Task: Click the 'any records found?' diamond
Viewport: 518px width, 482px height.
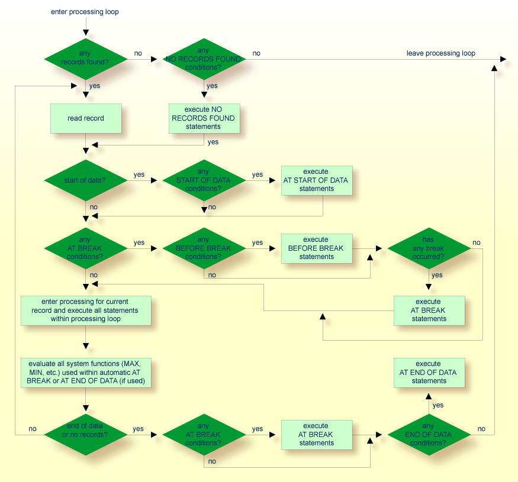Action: [86, 59]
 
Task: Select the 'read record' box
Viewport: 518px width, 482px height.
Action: [86, 118]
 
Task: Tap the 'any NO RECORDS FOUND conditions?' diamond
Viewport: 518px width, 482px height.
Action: [204, 59]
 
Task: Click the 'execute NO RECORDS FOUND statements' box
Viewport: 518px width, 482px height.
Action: [204, 118]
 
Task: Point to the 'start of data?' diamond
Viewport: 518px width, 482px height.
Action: [86, 180]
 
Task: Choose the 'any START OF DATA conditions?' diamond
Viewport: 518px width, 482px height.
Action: [204, 180]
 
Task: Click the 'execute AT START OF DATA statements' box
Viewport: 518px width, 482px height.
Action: [316, 180]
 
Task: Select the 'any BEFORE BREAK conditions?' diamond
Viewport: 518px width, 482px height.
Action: [204, 248]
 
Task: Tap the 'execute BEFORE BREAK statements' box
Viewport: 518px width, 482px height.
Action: [316, 248]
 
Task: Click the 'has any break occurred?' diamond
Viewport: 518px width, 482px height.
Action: [429, 248]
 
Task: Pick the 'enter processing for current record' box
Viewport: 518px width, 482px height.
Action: [86, 310]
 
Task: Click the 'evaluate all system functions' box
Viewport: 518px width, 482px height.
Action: [86, 373]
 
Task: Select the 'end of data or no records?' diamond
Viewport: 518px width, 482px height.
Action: [86, 435]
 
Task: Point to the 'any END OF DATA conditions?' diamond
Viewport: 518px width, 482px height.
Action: [429, 435]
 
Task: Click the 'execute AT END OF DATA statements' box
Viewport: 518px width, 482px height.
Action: [429, 373]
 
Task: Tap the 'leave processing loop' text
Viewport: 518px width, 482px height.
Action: [440, 53]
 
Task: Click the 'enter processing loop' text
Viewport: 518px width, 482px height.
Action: [85, 12]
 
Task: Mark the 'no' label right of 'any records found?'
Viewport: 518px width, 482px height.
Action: [138, 53]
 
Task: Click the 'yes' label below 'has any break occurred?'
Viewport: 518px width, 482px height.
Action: [437, 275]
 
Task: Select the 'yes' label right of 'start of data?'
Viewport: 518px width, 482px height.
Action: [139, 174]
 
